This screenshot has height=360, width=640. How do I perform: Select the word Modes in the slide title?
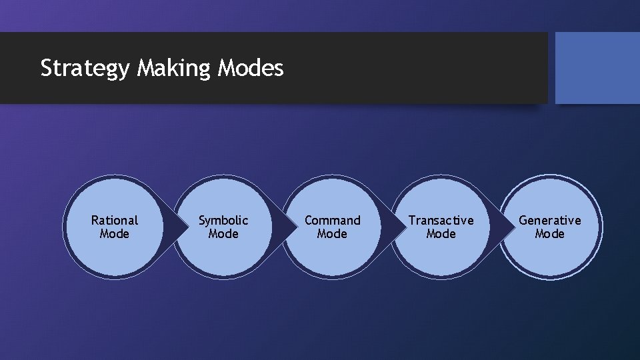(x=251, y=68)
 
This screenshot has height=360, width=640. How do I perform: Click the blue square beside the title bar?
(x=597, y=68)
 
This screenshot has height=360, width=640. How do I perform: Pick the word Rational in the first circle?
(x=115, y=220)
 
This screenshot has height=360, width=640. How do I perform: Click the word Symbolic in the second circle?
(x=223, y=220)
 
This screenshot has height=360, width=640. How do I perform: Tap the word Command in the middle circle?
(x=332, y=220)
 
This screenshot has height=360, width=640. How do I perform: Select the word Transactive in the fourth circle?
(x=441, y=220)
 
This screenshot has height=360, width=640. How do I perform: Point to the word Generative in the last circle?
(x=550, y=220)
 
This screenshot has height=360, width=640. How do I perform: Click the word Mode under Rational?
(x=115, y=234)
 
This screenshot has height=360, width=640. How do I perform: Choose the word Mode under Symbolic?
(x=223, y=234)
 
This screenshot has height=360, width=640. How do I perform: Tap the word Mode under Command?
(x=332, y=234)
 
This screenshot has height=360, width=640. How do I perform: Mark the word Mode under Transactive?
(x=441, y=234)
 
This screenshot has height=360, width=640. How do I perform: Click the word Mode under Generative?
(x=550, y=234)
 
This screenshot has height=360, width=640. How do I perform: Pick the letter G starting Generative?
(x=523, y=220)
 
